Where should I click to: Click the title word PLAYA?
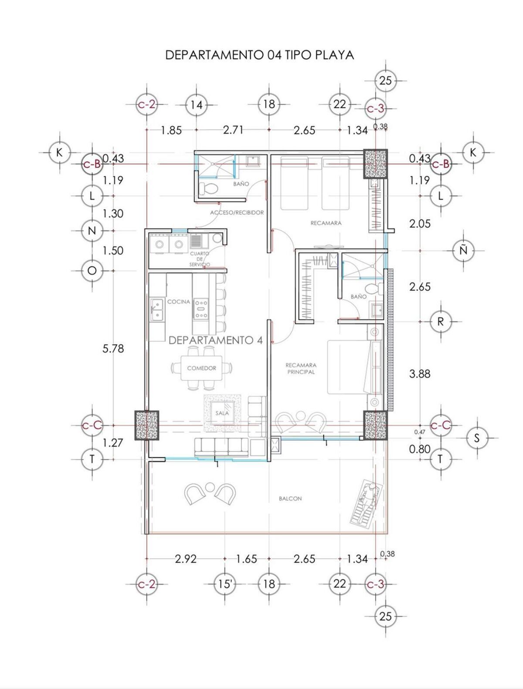coord(334,55)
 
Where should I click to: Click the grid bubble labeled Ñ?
coord(463,250)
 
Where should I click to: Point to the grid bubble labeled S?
coord(477,438)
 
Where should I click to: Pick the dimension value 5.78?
coord(113,348)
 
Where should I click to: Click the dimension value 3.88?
coord(420,374)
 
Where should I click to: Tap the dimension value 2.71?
coord(233,130)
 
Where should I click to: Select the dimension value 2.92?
coord(186,559)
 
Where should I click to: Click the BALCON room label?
coord(290,498)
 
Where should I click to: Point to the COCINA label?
coord(179,302)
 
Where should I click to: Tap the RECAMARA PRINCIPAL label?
coord(301,369)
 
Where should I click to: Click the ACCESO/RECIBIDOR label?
coord(237,213)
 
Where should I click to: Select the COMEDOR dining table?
coord(202,368)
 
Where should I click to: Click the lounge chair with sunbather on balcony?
coord(366,502)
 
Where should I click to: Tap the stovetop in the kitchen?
coord(200,309)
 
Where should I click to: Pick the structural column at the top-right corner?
coord(375,164)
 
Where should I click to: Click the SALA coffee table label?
coord(222,413)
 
